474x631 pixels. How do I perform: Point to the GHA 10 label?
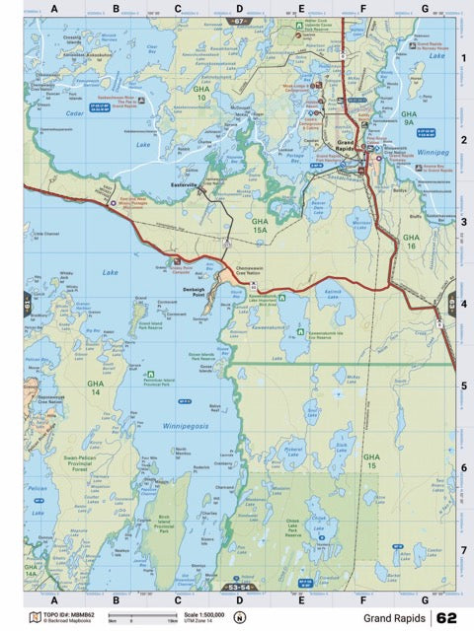coord(201,94)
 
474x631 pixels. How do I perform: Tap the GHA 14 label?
coord(95,387)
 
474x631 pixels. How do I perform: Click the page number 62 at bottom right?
coord(446,618)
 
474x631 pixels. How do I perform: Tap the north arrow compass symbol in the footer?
coord(239,618)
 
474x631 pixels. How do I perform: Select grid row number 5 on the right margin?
coord(463,385)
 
